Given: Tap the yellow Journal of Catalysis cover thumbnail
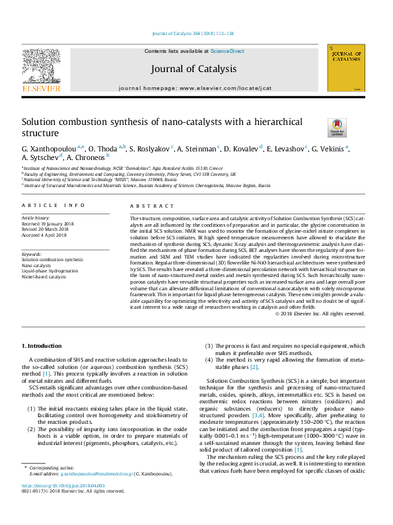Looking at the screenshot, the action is pyautogui.click(x=345, y=68).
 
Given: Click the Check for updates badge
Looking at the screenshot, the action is pyautogui.click(x=337, y=127).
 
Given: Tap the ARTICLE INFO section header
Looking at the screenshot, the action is pyautogui.click(x=54, y=206).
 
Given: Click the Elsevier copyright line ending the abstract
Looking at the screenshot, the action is pyautogui.click(x=319, y=313).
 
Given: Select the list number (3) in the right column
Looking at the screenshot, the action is pyautogui.click(x=209, y=346).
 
